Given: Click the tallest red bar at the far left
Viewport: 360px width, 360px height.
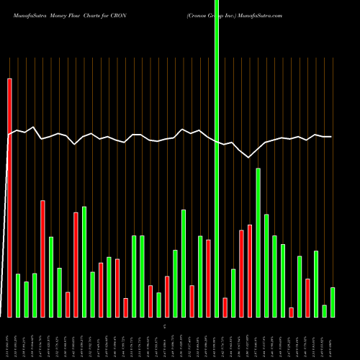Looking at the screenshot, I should click(x=9, y=198).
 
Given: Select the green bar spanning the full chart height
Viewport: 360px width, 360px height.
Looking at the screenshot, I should click(x=217, y=158).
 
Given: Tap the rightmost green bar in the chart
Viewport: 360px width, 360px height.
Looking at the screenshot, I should click(x=333, y=302).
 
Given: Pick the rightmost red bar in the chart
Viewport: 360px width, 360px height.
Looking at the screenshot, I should click(x=307, y=298).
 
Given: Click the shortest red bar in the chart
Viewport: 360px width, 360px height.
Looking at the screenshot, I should click(x=291, y=312).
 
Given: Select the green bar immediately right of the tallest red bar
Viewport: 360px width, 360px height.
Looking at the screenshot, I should click(x=18, y=296).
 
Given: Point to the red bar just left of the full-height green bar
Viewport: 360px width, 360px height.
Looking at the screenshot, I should click(x=209, y=279).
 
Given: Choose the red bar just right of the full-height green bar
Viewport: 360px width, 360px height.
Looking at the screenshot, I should click(x=225, y=307).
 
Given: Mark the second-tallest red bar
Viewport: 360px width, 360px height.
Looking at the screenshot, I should click(x=42, y=258).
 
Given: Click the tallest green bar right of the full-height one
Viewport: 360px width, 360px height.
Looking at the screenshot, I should click(x=258, y=243).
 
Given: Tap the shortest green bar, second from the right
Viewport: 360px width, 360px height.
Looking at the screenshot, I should click(x=324, y=311).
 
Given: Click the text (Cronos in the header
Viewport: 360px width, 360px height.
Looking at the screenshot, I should click(x=197, y=15).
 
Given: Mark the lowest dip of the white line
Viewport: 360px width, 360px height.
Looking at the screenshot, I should click(x=249, y=157).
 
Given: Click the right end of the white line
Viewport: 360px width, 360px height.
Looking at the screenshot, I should click(x=331, y=137).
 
